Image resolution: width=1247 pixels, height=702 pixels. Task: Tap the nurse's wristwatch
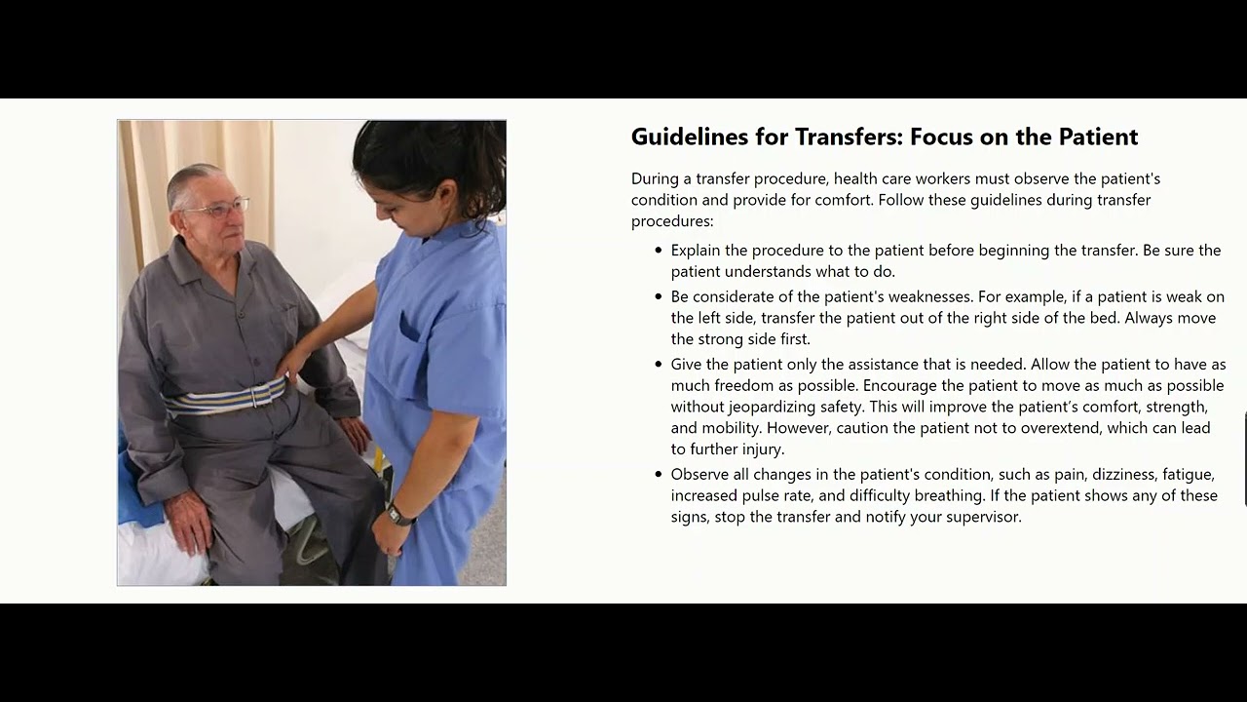coord(396,513)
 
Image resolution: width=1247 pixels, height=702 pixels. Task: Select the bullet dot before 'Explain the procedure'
coord(659,251)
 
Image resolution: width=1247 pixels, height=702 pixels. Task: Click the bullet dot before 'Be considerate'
coord(659,296)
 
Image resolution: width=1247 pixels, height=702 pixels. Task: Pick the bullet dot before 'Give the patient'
coord(659,365)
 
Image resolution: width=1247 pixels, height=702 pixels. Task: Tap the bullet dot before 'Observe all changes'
coord(659,475)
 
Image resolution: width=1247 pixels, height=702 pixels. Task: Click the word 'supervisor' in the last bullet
coord(980,517)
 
